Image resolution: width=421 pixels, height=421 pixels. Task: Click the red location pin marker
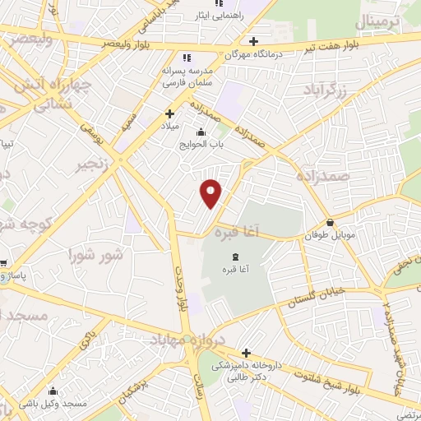[x=211, y=192]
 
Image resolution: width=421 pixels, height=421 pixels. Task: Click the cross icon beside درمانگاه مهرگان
[x=254, y=41]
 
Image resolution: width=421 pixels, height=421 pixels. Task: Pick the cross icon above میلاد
[x=170, y=113]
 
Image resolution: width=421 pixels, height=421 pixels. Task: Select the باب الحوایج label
[x=201, y=145]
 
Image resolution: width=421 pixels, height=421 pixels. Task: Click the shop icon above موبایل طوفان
[x=330, y=222]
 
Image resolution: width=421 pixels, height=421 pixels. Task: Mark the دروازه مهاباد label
[x=185, y=340]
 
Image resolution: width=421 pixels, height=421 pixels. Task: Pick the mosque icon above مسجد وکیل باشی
[x=54, y=391]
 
